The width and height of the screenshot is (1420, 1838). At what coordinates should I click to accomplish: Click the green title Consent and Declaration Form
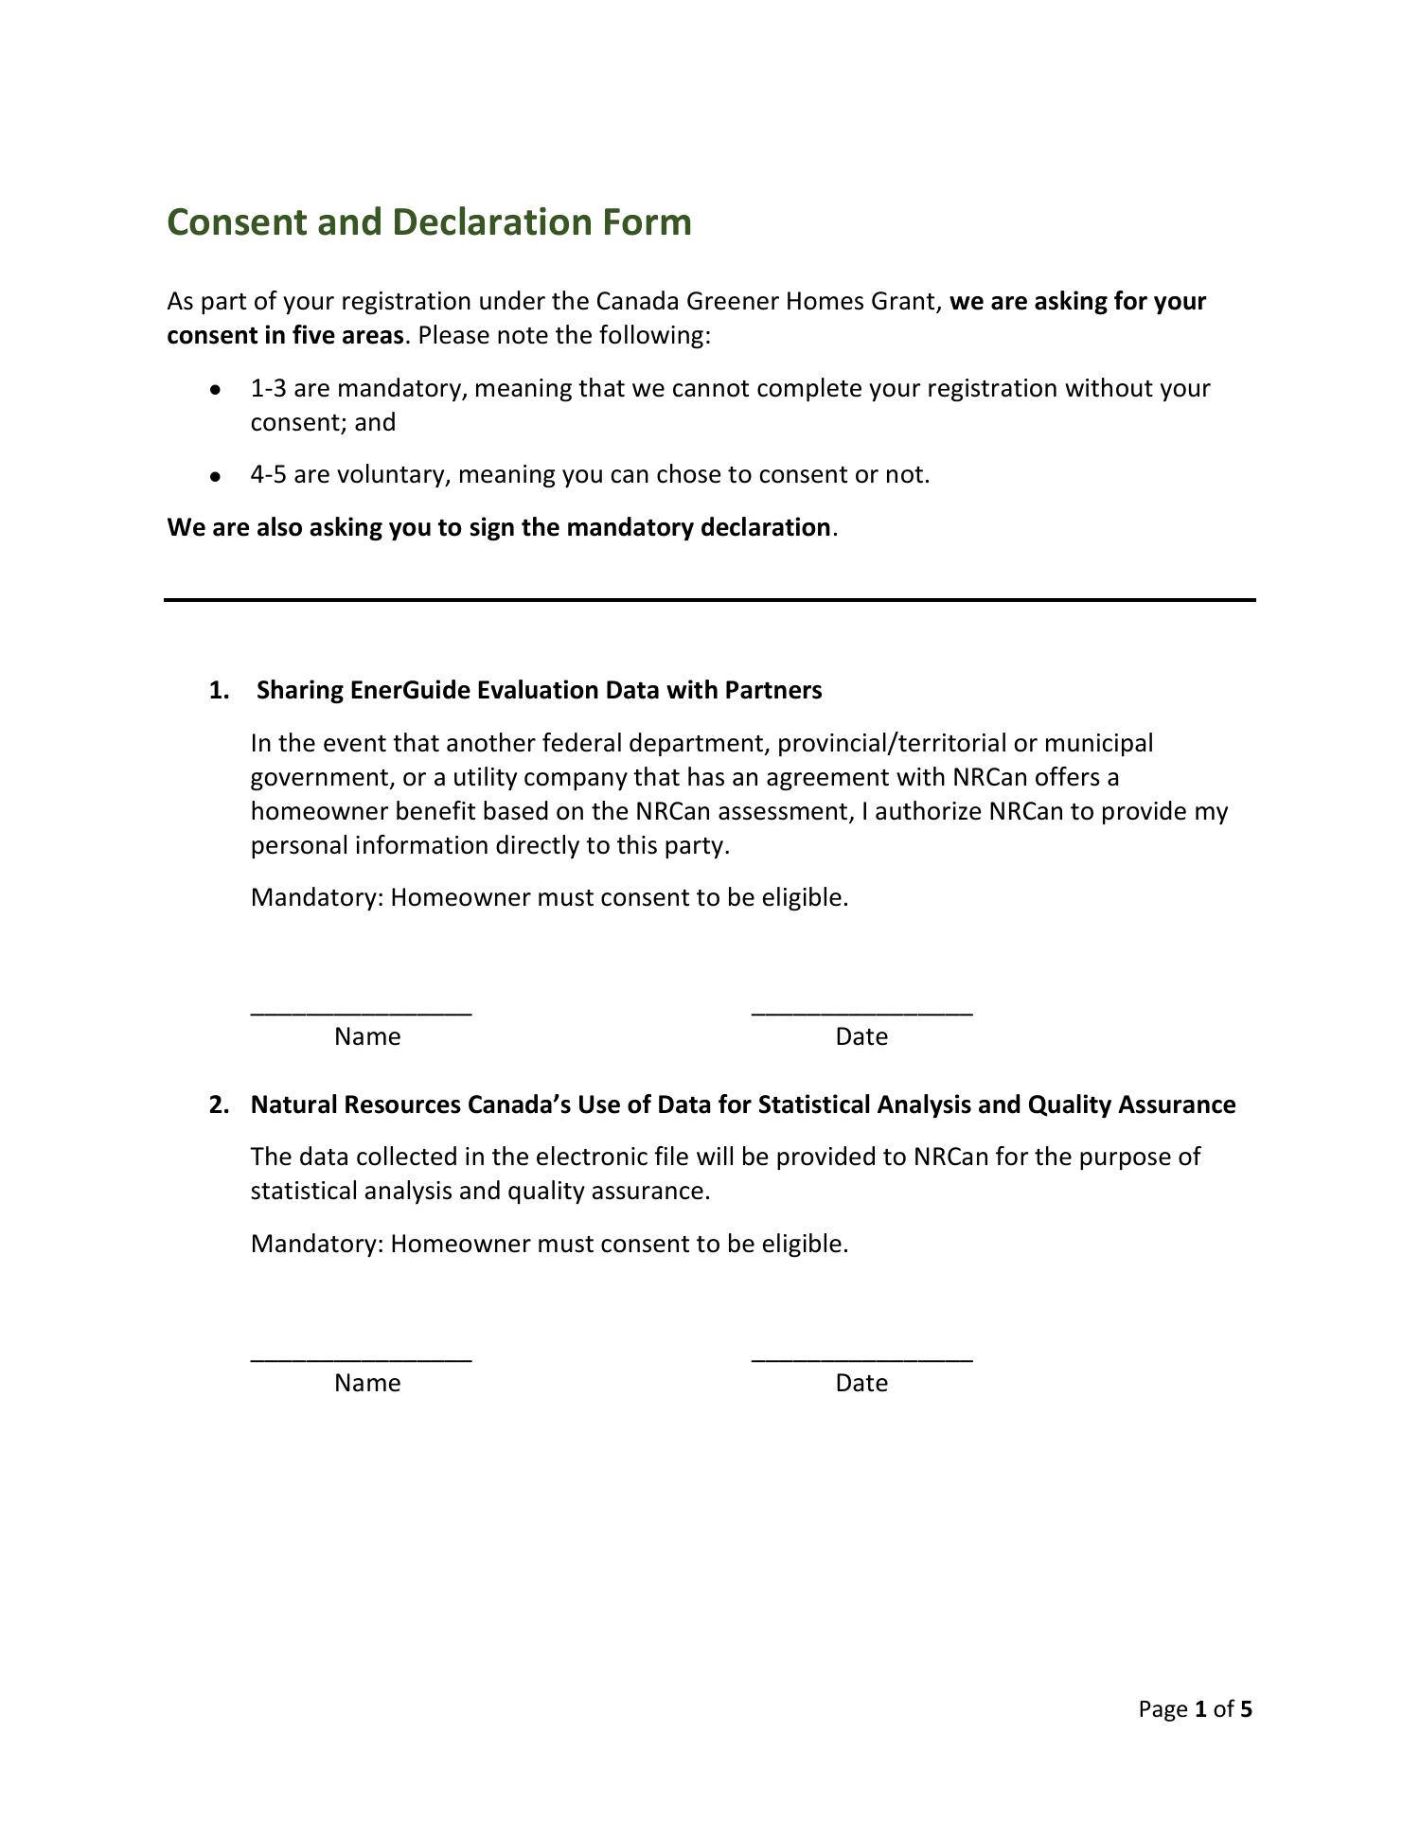click(x=429, y=222)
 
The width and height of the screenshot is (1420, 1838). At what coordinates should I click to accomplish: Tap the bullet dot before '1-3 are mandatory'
click(x=216, y=389)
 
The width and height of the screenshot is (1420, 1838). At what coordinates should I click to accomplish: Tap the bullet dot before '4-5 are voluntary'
click(x=216, y=475)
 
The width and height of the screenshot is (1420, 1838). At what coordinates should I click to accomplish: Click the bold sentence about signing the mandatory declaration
click(x=499, y=527)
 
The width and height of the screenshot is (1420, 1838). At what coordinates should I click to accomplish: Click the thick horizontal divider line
click(x=710, y=599)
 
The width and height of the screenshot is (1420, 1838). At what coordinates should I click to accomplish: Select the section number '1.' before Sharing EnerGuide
click(x=219, y=690)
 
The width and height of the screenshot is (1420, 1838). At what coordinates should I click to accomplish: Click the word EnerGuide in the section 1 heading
click(x=410, y=690)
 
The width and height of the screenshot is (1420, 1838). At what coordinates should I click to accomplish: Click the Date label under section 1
click(x=861, y=1036)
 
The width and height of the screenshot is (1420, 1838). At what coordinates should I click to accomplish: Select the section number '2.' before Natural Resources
click(x=219, y=1105)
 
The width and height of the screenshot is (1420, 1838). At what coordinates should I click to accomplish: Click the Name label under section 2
click(x=367, y=1383)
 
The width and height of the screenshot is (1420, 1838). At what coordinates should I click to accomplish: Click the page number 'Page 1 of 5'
click(x=1195, y=1708)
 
